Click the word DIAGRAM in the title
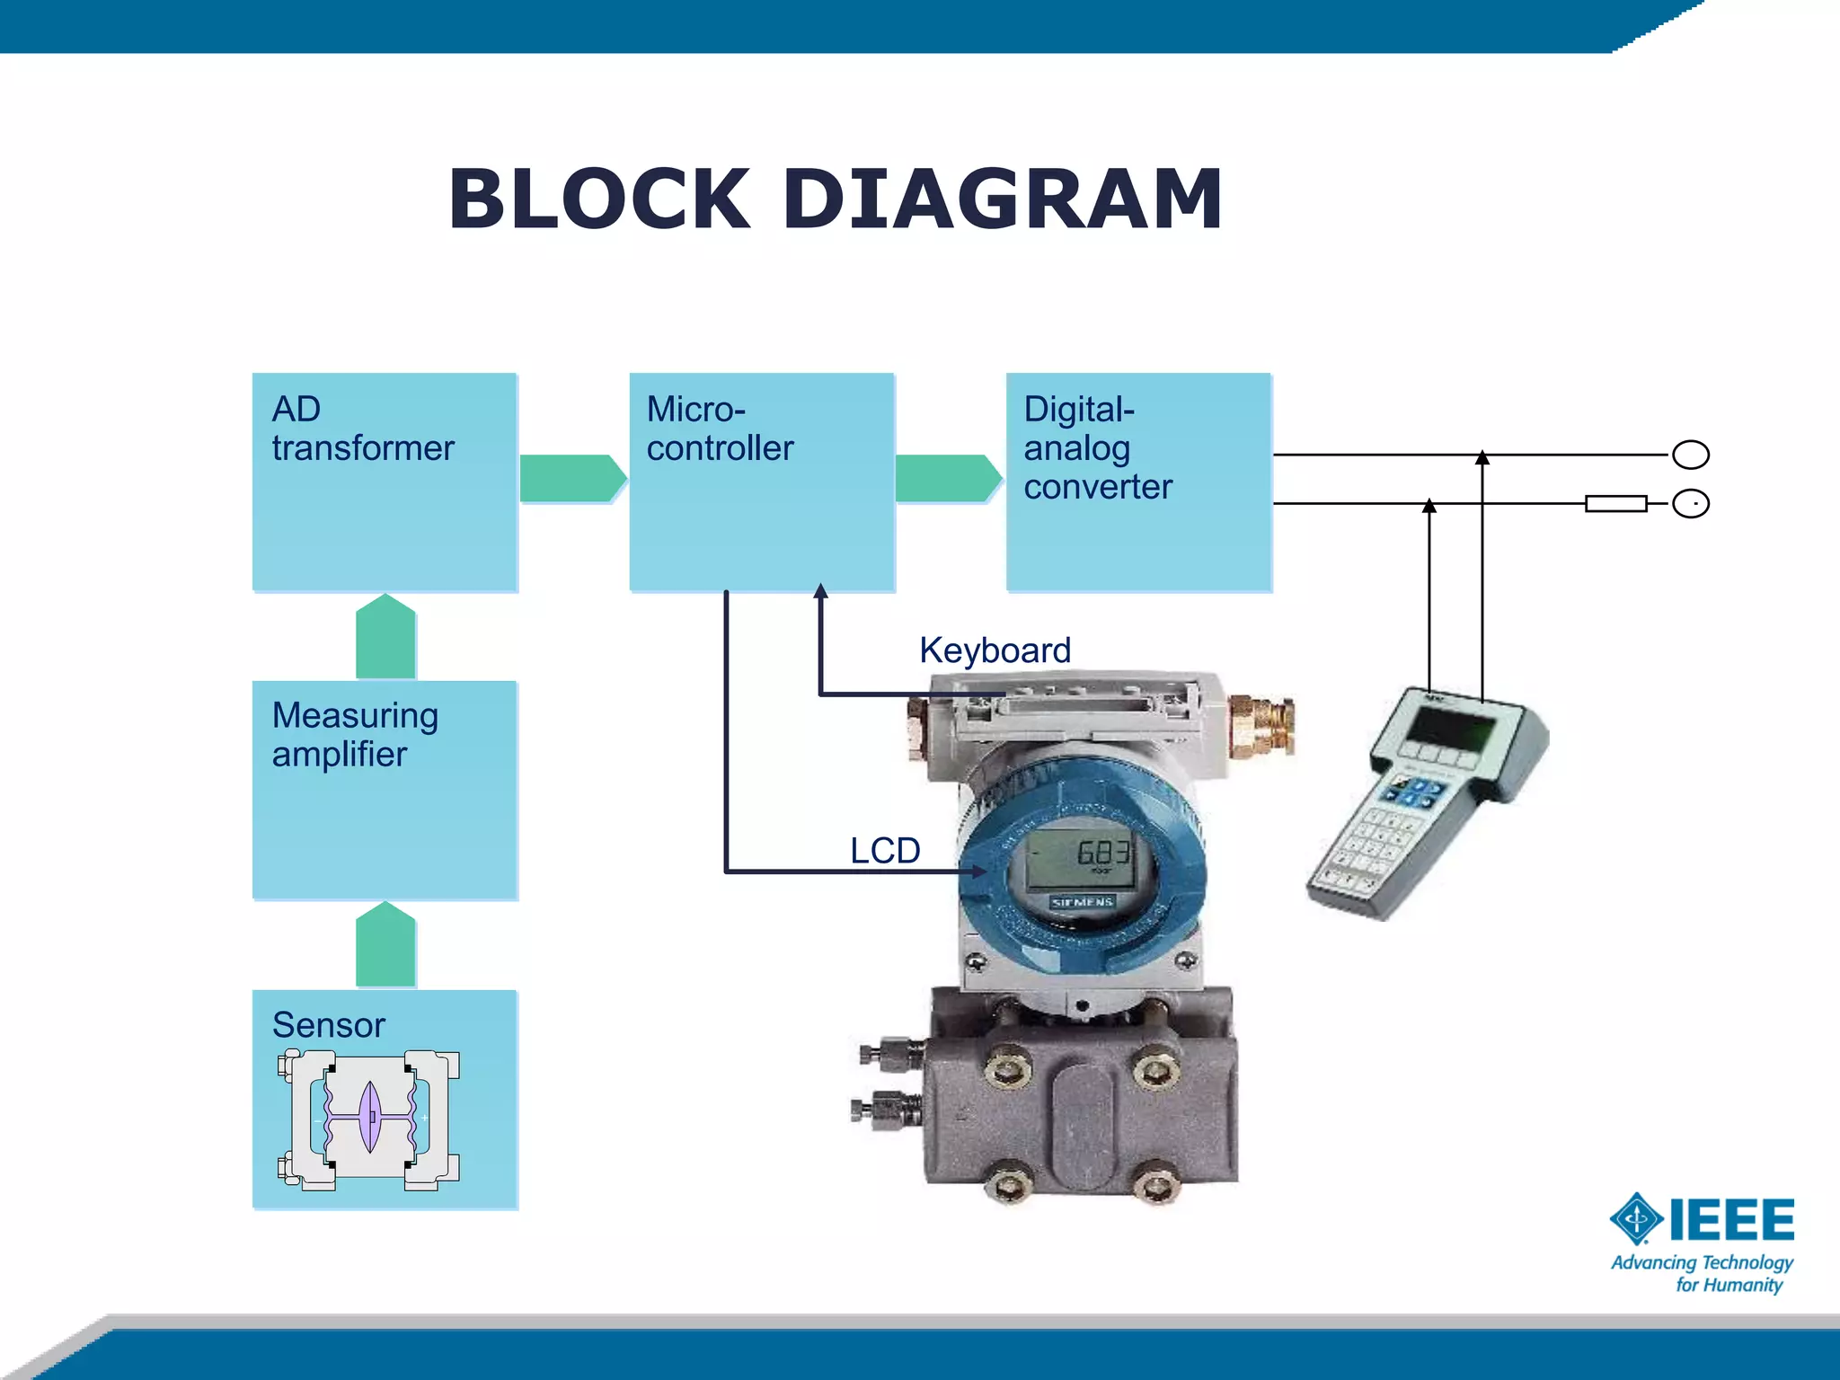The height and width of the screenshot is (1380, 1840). pyautogui.click(x=1002, y=199)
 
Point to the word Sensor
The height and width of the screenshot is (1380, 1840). pyautogui.click(x=329, y=1025)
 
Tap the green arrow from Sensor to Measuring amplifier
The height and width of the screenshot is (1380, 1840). pyautogui.click(x=385, y=945)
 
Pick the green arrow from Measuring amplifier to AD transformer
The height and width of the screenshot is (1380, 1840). pyautogui.click(x=385, y=637)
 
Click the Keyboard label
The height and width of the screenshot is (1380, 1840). pyautogui.click(x=995, y=650)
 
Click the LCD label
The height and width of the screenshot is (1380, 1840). pyautogui.click(x=885, y=851)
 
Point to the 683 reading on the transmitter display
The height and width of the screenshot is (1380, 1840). pyautogui.click(x=1102, y=852)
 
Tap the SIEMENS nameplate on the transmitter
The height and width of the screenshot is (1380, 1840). pyautogui.click(x=1083, y=901)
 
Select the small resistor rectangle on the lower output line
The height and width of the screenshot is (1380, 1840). pyautogui.click(x=1615, y=504)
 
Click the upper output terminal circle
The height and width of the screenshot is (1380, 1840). pyautogui.click(x=1690, y=455)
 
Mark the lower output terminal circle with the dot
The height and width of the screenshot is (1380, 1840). pyautogui.click(x=1690, y=504)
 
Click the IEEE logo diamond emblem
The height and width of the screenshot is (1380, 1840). pyautogui.click(x=1636, y=1219)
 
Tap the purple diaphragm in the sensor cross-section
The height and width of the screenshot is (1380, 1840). pyautogui.click(x=369, y=1117)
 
